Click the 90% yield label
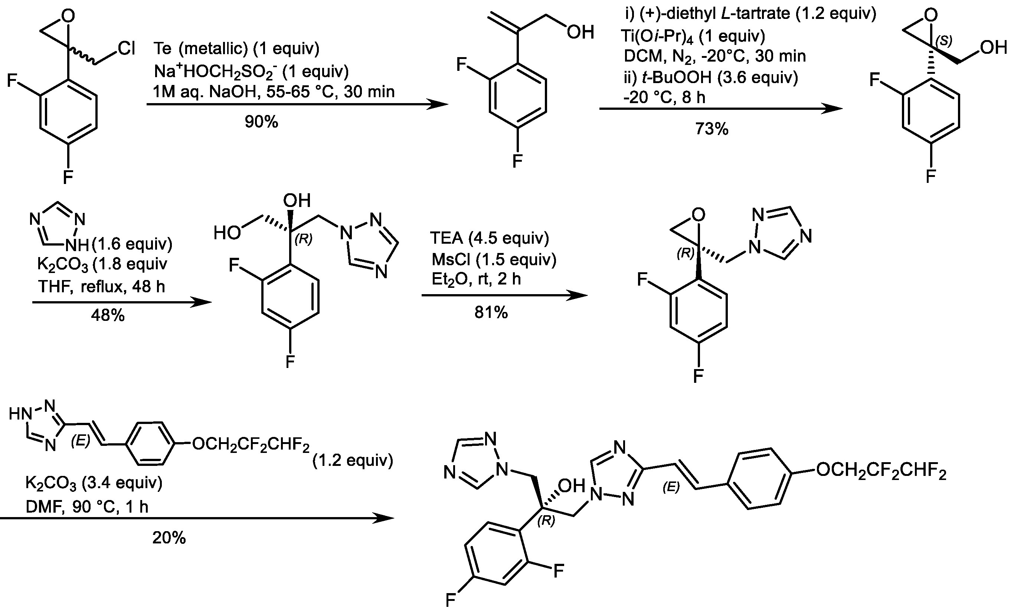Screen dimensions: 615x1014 pyautogui.click(x=261, y=122)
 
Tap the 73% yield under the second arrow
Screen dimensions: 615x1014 pyautogui.click(x=712, y=129)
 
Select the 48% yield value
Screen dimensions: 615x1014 pyautogui.click(x=108, y=316)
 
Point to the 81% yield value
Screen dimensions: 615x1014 pyautogui.click(x=491, y=313)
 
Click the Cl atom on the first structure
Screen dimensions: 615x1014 pyautogui.click(x=126, y=49)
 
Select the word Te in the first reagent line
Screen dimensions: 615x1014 pyautogui.click(x=163, y=49)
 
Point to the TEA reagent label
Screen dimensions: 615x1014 pyautogui.click(x=447, y=238)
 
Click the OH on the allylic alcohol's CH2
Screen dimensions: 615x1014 pyautogui.click(x=580, y=32)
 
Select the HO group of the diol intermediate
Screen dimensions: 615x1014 pyautogui.click(x=227, y=233)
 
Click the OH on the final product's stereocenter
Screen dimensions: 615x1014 pyautogui.click(x=571, y=486)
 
